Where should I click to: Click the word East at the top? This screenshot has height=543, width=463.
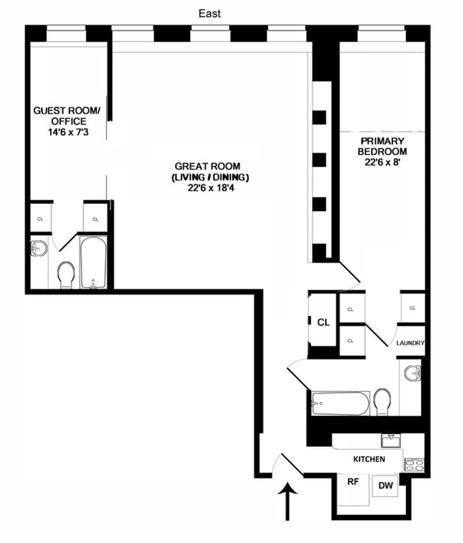(x=210, y=13)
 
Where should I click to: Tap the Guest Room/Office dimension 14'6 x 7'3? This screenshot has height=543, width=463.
(x=68, y=132)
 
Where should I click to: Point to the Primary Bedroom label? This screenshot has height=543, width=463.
(x=383, y=146)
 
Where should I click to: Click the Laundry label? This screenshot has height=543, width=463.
(x=410, y=343)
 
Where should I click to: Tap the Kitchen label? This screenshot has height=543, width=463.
(x=369, y=459)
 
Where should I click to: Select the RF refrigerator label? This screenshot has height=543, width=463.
(x=353, y=482)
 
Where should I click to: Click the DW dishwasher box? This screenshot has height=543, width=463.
(x=385, y=486)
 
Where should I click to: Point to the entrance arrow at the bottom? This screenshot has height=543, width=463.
(x=288, y=500)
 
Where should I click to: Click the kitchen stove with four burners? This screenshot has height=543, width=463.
(x=414, y=465)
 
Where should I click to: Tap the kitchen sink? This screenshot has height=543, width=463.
(x=391, y=441)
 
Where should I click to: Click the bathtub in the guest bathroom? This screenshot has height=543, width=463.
(x=93, y=262)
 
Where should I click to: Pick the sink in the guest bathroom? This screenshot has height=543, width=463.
(x=39, y=249)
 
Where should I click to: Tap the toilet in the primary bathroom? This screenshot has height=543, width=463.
(x=383, y=402)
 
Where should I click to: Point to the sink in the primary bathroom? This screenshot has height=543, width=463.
(x=413, y=374)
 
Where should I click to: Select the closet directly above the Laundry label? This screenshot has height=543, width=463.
(x=413, y=308)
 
